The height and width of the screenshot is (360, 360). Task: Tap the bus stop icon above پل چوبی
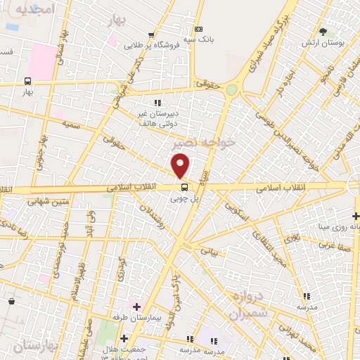coord(184,187)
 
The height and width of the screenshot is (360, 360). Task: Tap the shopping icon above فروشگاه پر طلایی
coord(151,34)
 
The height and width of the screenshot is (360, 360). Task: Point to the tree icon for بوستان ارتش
coord(323,32)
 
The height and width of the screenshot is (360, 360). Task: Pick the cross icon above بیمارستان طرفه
coord(136,307)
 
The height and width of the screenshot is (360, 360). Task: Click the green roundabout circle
coord(231,89)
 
